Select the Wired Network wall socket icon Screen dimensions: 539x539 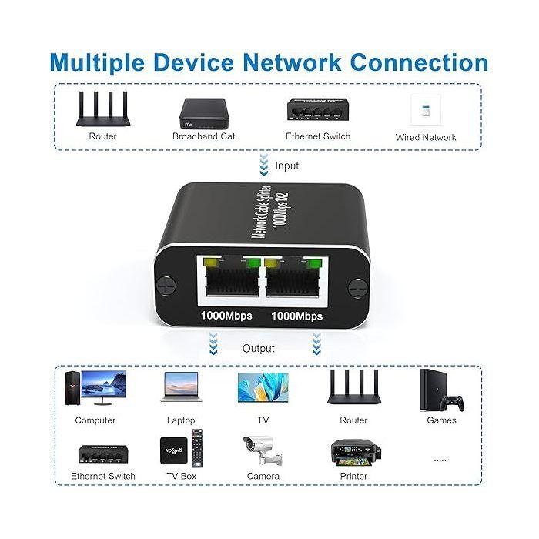(426, 111)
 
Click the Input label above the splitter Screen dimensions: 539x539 (286, 166)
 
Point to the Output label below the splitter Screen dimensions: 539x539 (259, 348)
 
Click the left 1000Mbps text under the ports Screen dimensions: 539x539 (226, 316)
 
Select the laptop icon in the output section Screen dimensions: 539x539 (181, 387)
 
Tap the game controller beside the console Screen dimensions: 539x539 (456, 402)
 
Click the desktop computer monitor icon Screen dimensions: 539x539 (103, 384)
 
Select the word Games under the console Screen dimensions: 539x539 (441, 420)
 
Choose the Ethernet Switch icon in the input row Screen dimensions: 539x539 (318, 111)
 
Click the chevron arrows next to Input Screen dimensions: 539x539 (263, 166)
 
